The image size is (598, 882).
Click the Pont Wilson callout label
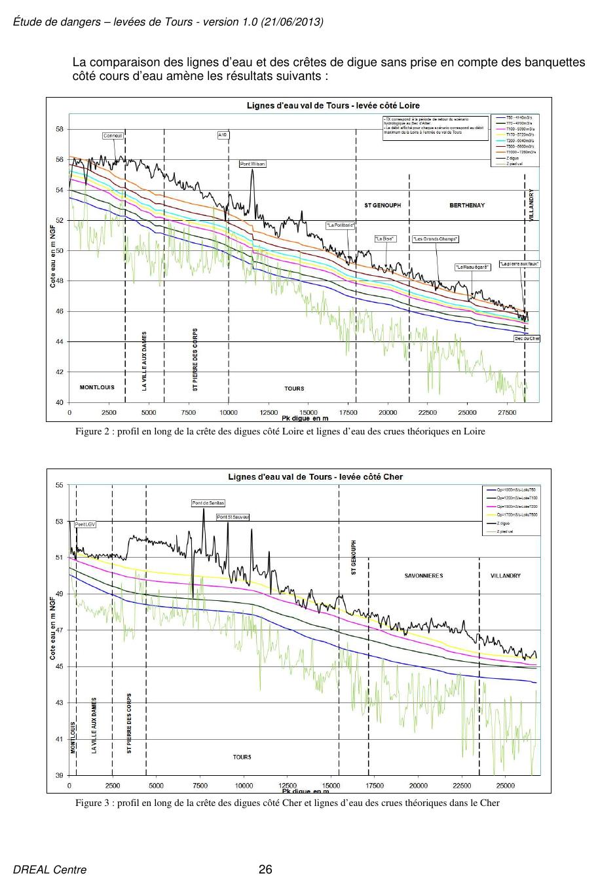tap(252, 164)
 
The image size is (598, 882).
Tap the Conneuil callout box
tap(113, 136)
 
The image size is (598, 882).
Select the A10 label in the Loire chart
tap(223, 135)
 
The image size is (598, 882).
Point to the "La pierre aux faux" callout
tap(519, 264)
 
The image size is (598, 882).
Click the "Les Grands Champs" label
tap(435, 239)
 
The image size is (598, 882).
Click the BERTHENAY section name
tap(467, 206)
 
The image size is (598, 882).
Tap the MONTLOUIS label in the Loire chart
tap(97, 387)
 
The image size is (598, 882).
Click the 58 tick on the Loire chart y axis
tap(60, 129)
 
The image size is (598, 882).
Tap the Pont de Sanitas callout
tap(208, 503)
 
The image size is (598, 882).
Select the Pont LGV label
tap(85, 524)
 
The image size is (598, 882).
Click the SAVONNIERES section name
tap(423, 576)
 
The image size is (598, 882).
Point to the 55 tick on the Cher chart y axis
tap(60, 486)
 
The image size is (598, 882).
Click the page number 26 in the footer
tap(265, 870)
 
